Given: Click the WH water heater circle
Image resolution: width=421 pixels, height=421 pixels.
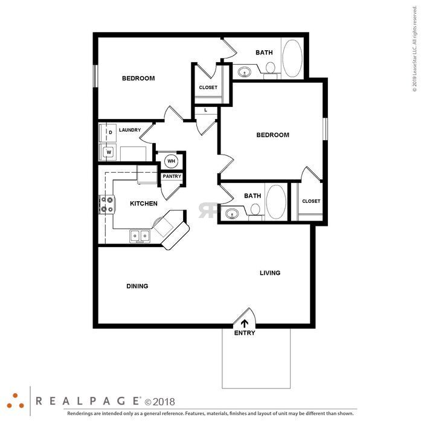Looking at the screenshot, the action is (171, 161).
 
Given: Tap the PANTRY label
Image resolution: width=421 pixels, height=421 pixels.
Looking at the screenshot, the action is (172, 176).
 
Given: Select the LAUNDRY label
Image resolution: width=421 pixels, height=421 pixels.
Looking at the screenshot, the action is (130, 130).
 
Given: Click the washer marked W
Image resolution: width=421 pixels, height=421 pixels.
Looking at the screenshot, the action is (108, 152).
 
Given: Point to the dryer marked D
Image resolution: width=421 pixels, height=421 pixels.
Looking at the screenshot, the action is (108, 133).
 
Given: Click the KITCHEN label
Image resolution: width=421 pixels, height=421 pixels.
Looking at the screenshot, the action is (144, 204).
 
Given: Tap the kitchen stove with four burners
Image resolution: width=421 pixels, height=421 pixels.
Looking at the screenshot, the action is (107, 205).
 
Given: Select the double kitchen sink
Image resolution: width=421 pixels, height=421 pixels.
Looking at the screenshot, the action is (140, 236).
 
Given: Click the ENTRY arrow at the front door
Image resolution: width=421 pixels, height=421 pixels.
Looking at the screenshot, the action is (245, 324).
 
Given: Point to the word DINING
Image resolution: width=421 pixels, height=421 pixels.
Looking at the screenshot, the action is (137, 286).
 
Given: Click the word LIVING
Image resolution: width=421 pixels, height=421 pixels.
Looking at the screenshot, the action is (270, 273).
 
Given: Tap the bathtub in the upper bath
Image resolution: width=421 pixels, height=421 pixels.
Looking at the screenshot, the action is (292, 59).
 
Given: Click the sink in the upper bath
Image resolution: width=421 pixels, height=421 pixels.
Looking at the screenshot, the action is (245, 72).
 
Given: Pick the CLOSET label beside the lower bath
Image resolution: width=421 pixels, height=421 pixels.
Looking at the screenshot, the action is (311, 201).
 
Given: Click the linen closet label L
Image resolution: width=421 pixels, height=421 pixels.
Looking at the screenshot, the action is (205, 110).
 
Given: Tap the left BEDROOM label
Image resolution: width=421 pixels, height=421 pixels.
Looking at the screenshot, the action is (138, 79).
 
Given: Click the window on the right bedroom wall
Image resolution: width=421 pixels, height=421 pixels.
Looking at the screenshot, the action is (325, 129).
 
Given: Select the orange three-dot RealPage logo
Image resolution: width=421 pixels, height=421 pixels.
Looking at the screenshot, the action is (15, 401).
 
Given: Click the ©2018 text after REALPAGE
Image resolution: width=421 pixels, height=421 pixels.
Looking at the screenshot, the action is (159, 402).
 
